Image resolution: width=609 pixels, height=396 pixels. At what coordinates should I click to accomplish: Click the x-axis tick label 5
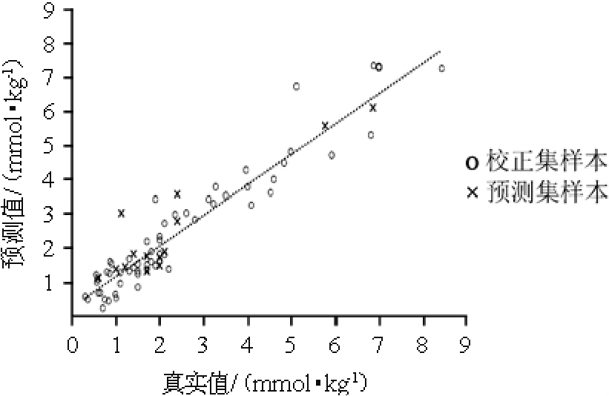coord(292,347)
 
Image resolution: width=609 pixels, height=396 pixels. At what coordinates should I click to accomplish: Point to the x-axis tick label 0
coord(72,347)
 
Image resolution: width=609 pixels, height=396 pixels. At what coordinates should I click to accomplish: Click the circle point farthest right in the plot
coord(441,68)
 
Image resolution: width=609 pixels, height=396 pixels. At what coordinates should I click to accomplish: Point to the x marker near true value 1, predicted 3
coord(121,213)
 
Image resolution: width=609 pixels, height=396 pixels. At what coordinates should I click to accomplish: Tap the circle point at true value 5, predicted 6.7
coord(296,87)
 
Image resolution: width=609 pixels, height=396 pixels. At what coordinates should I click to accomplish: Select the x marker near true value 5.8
coord(325,125)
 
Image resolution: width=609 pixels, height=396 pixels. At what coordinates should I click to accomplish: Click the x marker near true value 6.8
coord(373,108)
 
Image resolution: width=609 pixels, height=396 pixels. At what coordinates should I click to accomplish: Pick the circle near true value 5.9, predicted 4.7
coord(332,155)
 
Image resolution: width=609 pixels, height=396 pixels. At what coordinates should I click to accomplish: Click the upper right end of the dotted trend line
coord(441,52)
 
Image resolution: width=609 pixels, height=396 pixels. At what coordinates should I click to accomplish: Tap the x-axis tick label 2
coord(160,347)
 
